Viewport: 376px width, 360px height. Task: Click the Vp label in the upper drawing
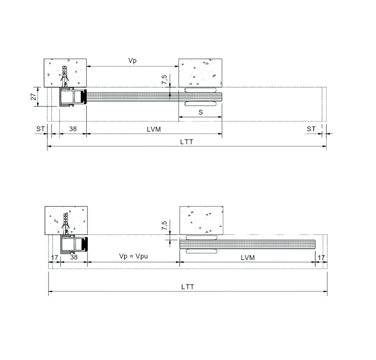coord(132,61)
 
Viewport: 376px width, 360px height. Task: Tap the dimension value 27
coord(33,97)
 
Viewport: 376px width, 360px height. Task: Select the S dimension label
coord(201,112)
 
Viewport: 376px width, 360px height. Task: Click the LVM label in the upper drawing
coord(154,129)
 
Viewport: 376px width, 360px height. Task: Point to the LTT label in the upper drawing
coord(186,142)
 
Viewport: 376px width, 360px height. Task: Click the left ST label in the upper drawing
coord(40,129)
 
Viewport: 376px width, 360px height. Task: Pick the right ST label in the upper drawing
coord(311,129)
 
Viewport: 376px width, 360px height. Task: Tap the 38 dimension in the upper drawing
coord(73,129)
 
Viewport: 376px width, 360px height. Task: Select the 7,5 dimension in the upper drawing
coord(164,80)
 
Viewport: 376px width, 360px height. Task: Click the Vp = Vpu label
coord(133,256)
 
